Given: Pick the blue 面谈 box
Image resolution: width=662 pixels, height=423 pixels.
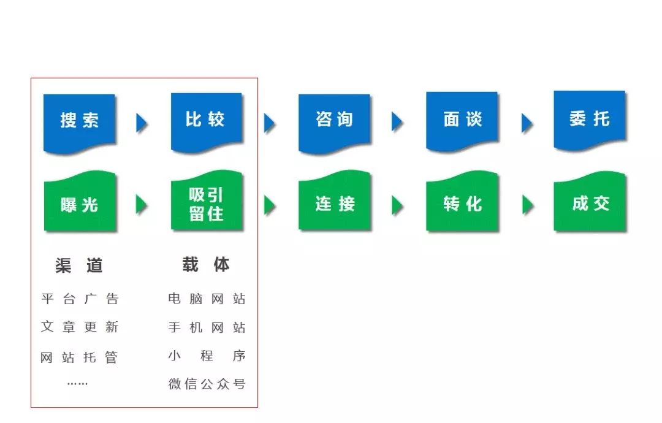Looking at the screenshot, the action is (x=462, y=120).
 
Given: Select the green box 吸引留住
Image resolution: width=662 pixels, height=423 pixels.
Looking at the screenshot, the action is (x=207, y=201).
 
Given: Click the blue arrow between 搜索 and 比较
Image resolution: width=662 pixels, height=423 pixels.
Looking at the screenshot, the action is (x=142, y=123).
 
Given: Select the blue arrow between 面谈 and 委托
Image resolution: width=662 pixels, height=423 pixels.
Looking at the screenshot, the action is (x=527, y=123).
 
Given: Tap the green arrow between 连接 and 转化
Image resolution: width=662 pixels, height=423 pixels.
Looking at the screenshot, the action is (x=397, y=205).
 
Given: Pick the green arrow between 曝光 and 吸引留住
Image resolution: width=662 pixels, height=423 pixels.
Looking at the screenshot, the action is (x=142, y=205).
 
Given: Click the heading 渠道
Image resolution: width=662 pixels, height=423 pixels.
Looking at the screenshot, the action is (x=79, y=265).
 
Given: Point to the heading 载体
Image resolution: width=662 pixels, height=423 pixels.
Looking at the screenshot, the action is (x=206, y=265).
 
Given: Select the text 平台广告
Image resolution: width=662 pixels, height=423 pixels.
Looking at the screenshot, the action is (x=80, y=299).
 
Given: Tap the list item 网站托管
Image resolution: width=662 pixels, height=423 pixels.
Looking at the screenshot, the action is (x=79, y=357).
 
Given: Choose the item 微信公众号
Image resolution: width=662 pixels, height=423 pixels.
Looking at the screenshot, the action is (x=207, y=384).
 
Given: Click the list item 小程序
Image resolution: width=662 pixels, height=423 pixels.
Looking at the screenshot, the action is (x=207, y=356).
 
